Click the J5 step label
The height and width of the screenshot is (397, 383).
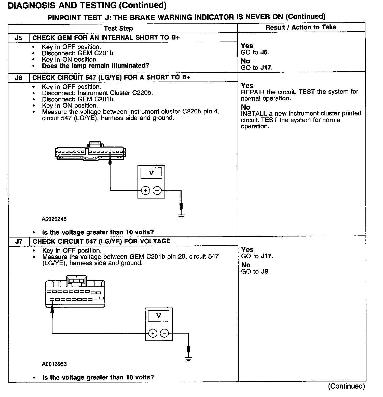pos(18,38)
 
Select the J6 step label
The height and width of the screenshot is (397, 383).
pos(18,78)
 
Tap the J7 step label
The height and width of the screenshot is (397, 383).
pos(19,242)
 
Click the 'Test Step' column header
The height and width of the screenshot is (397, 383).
pos(118,28)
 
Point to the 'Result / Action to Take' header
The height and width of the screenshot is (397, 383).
pos(301,27)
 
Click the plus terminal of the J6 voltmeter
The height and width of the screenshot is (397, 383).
pos(145,190)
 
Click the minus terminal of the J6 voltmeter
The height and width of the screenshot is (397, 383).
pos(157,190)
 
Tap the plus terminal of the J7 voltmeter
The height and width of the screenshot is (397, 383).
pos(153,333)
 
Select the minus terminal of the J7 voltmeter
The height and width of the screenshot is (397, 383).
pos(164,333)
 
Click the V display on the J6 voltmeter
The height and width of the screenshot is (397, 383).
pos(151,173)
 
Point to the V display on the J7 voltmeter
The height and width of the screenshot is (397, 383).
pos(158,316)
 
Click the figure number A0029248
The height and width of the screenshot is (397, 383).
pos(54,219)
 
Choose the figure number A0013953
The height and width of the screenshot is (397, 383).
pos(54,364)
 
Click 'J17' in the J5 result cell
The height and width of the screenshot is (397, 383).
pos(266,68)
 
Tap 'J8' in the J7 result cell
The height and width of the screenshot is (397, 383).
pos(265,272)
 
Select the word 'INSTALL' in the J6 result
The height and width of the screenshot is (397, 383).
pos(254,113)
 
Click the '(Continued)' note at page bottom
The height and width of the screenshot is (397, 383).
pos(346,386)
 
